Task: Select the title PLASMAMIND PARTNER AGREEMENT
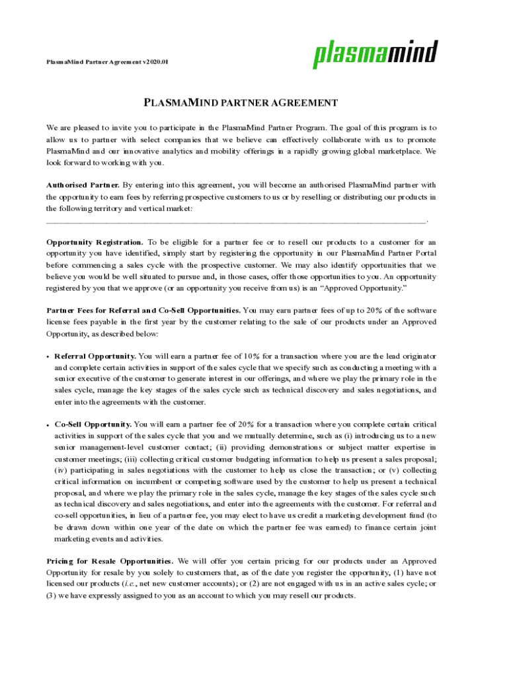241,103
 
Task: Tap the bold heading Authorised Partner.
83,185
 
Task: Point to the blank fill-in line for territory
237,220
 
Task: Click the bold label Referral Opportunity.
95,356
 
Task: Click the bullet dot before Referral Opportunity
48,357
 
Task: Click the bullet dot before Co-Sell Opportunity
48,424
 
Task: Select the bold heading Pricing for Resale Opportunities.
110,561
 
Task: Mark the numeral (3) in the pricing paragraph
53,596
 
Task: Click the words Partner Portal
411,254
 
